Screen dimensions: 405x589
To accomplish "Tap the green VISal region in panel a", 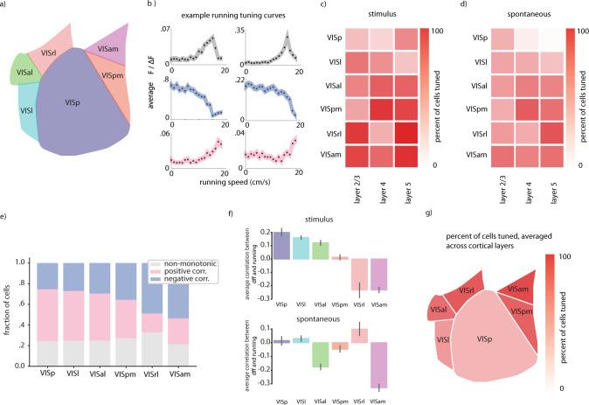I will [x=25, y=70].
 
